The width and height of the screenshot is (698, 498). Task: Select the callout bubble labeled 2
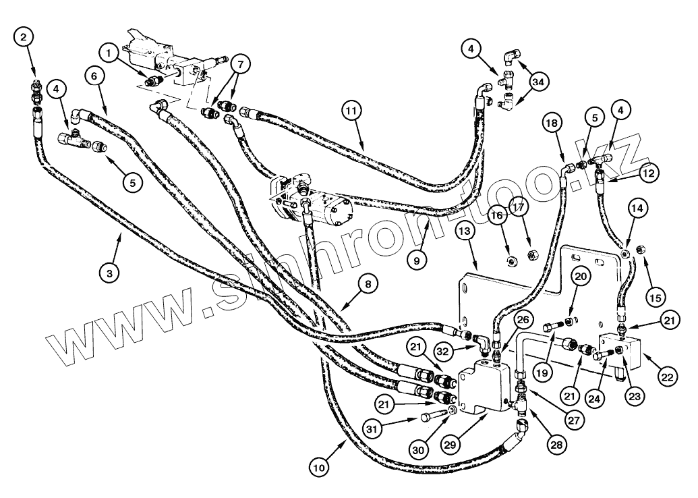(x=24, y=37)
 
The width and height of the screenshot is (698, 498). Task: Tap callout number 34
(x=537, y=82)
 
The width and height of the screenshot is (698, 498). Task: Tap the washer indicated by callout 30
(x=451, y=410)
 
